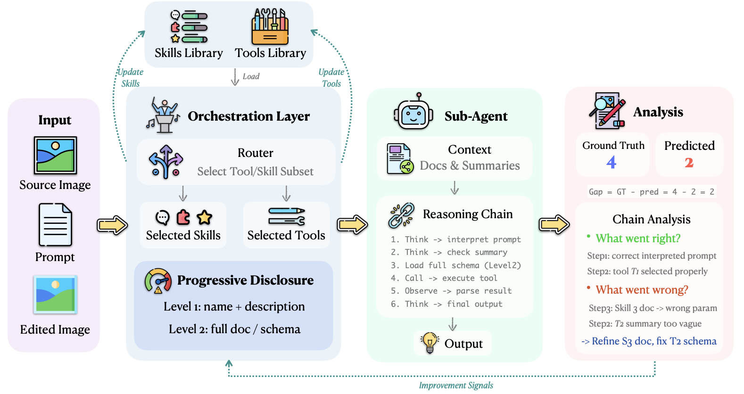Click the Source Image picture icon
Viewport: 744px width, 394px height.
56,156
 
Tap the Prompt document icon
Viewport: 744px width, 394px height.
55,225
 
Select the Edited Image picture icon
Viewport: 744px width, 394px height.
56,295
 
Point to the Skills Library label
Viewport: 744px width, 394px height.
189,53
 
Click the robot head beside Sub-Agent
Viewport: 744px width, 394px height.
413,112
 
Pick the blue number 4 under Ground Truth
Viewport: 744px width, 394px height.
611,162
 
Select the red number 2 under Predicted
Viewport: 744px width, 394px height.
689,162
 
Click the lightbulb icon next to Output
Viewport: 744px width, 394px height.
430,343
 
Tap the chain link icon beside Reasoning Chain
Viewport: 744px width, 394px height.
402,215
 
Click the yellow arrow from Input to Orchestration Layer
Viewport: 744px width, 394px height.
112,225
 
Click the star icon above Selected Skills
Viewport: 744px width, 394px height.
204,217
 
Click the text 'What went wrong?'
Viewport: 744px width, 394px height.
642,290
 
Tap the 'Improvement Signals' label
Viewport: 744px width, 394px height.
456,386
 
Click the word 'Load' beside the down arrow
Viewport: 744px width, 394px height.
251,76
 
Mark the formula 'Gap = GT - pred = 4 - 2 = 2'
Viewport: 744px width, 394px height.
652,192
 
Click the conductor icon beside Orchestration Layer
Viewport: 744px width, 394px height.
163,115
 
